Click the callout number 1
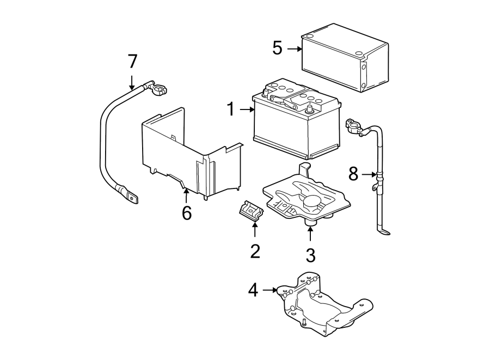point(231,110)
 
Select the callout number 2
point(255,251)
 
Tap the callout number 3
point(310,254)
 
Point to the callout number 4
point(253,290)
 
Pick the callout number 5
point(278,48)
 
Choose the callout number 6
point(187,213)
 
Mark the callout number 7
point(132,62)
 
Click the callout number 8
point(353,174)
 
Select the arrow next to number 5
point(294,48)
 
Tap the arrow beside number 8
point(369,174)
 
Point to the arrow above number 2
point(255,230)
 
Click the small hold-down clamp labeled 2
point(249,210)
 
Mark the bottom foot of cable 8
point(384,233)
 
